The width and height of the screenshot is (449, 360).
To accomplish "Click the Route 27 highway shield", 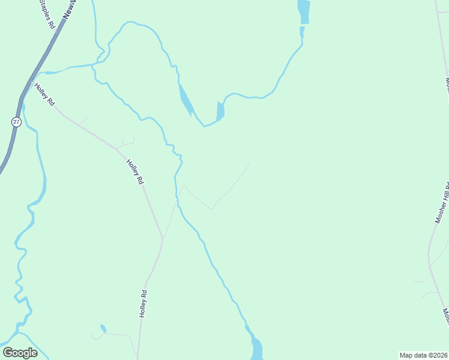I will pyautogui.click(x=16, y=122).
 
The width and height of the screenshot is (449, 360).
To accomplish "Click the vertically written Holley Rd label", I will pyautogui.click(x=143, y=304).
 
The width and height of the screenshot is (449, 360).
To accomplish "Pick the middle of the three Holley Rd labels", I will pyautogui.click(x=135, y=172).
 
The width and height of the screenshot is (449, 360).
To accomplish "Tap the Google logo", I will pyautogui.click(x=20, y=353).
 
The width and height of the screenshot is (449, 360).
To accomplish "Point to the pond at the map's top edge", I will pyautogui.click(x=304, y=11).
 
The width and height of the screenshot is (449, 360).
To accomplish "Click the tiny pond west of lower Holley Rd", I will pyautogui.click(x=103, y=328).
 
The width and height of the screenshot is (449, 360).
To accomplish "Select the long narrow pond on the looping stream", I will pyautogui.click(x=186, y=100).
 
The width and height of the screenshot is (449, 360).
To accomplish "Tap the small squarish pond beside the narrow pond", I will pyautogui.click(x=220, y=110).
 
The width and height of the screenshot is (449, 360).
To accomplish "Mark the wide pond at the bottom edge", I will pyautogui.click(x=256, y=348).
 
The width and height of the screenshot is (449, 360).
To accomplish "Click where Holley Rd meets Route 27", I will pyautogui.click(x=30, y=82).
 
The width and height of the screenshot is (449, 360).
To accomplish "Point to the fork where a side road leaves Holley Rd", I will pyautogui.click(x=163, y=238).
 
